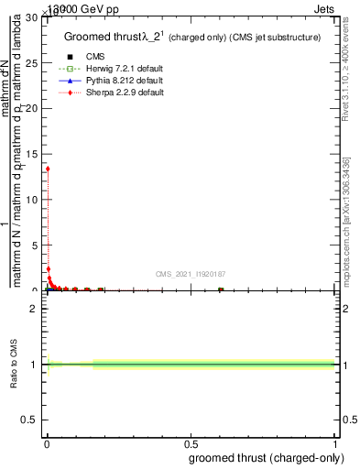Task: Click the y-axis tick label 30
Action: click(33, 18)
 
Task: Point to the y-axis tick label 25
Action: click(33, 63)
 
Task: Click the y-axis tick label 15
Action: click(33, 154)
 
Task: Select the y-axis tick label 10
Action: click(33, 200)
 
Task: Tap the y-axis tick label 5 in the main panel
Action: click(36, 245)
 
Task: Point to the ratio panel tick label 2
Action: click(36, 309)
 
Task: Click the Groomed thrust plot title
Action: click(191, 37)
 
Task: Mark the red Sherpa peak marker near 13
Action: click(48, 169)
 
